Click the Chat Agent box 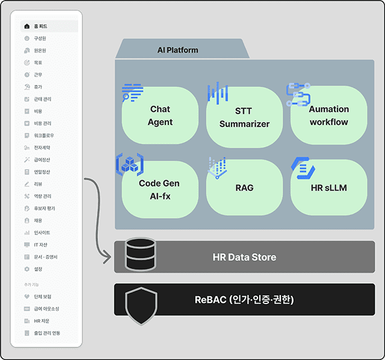[x=160, y=115]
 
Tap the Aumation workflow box [x=328, y=115]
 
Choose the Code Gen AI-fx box [x=160, y=188]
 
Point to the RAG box [x=244, y=188]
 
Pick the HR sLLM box [x=328, y=188]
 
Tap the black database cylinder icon [x=140, y=255]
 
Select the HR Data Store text [x=244, y=257]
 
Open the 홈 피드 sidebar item [x=40, y=26]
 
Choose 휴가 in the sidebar [x=38, y=87]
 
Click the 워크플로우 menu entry [x=44, y=135]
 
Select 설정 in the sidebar [x=38, y=269]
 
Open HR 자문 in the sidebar [x=42, y=320]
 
